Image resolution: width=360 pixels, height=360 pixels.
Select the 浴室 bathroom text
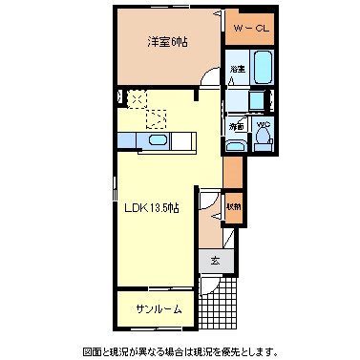point(236,70)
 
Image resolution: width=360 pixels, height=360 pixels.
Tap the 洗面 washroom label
point(236,125)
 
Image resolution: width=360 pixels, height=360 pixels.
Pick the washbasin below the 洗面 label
point(236,144)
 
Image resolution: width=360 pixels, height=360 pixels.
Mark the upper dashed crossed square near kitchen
point(138,97)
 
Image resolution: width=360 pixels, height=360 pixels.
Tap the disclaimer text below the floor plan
point(180,349)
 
